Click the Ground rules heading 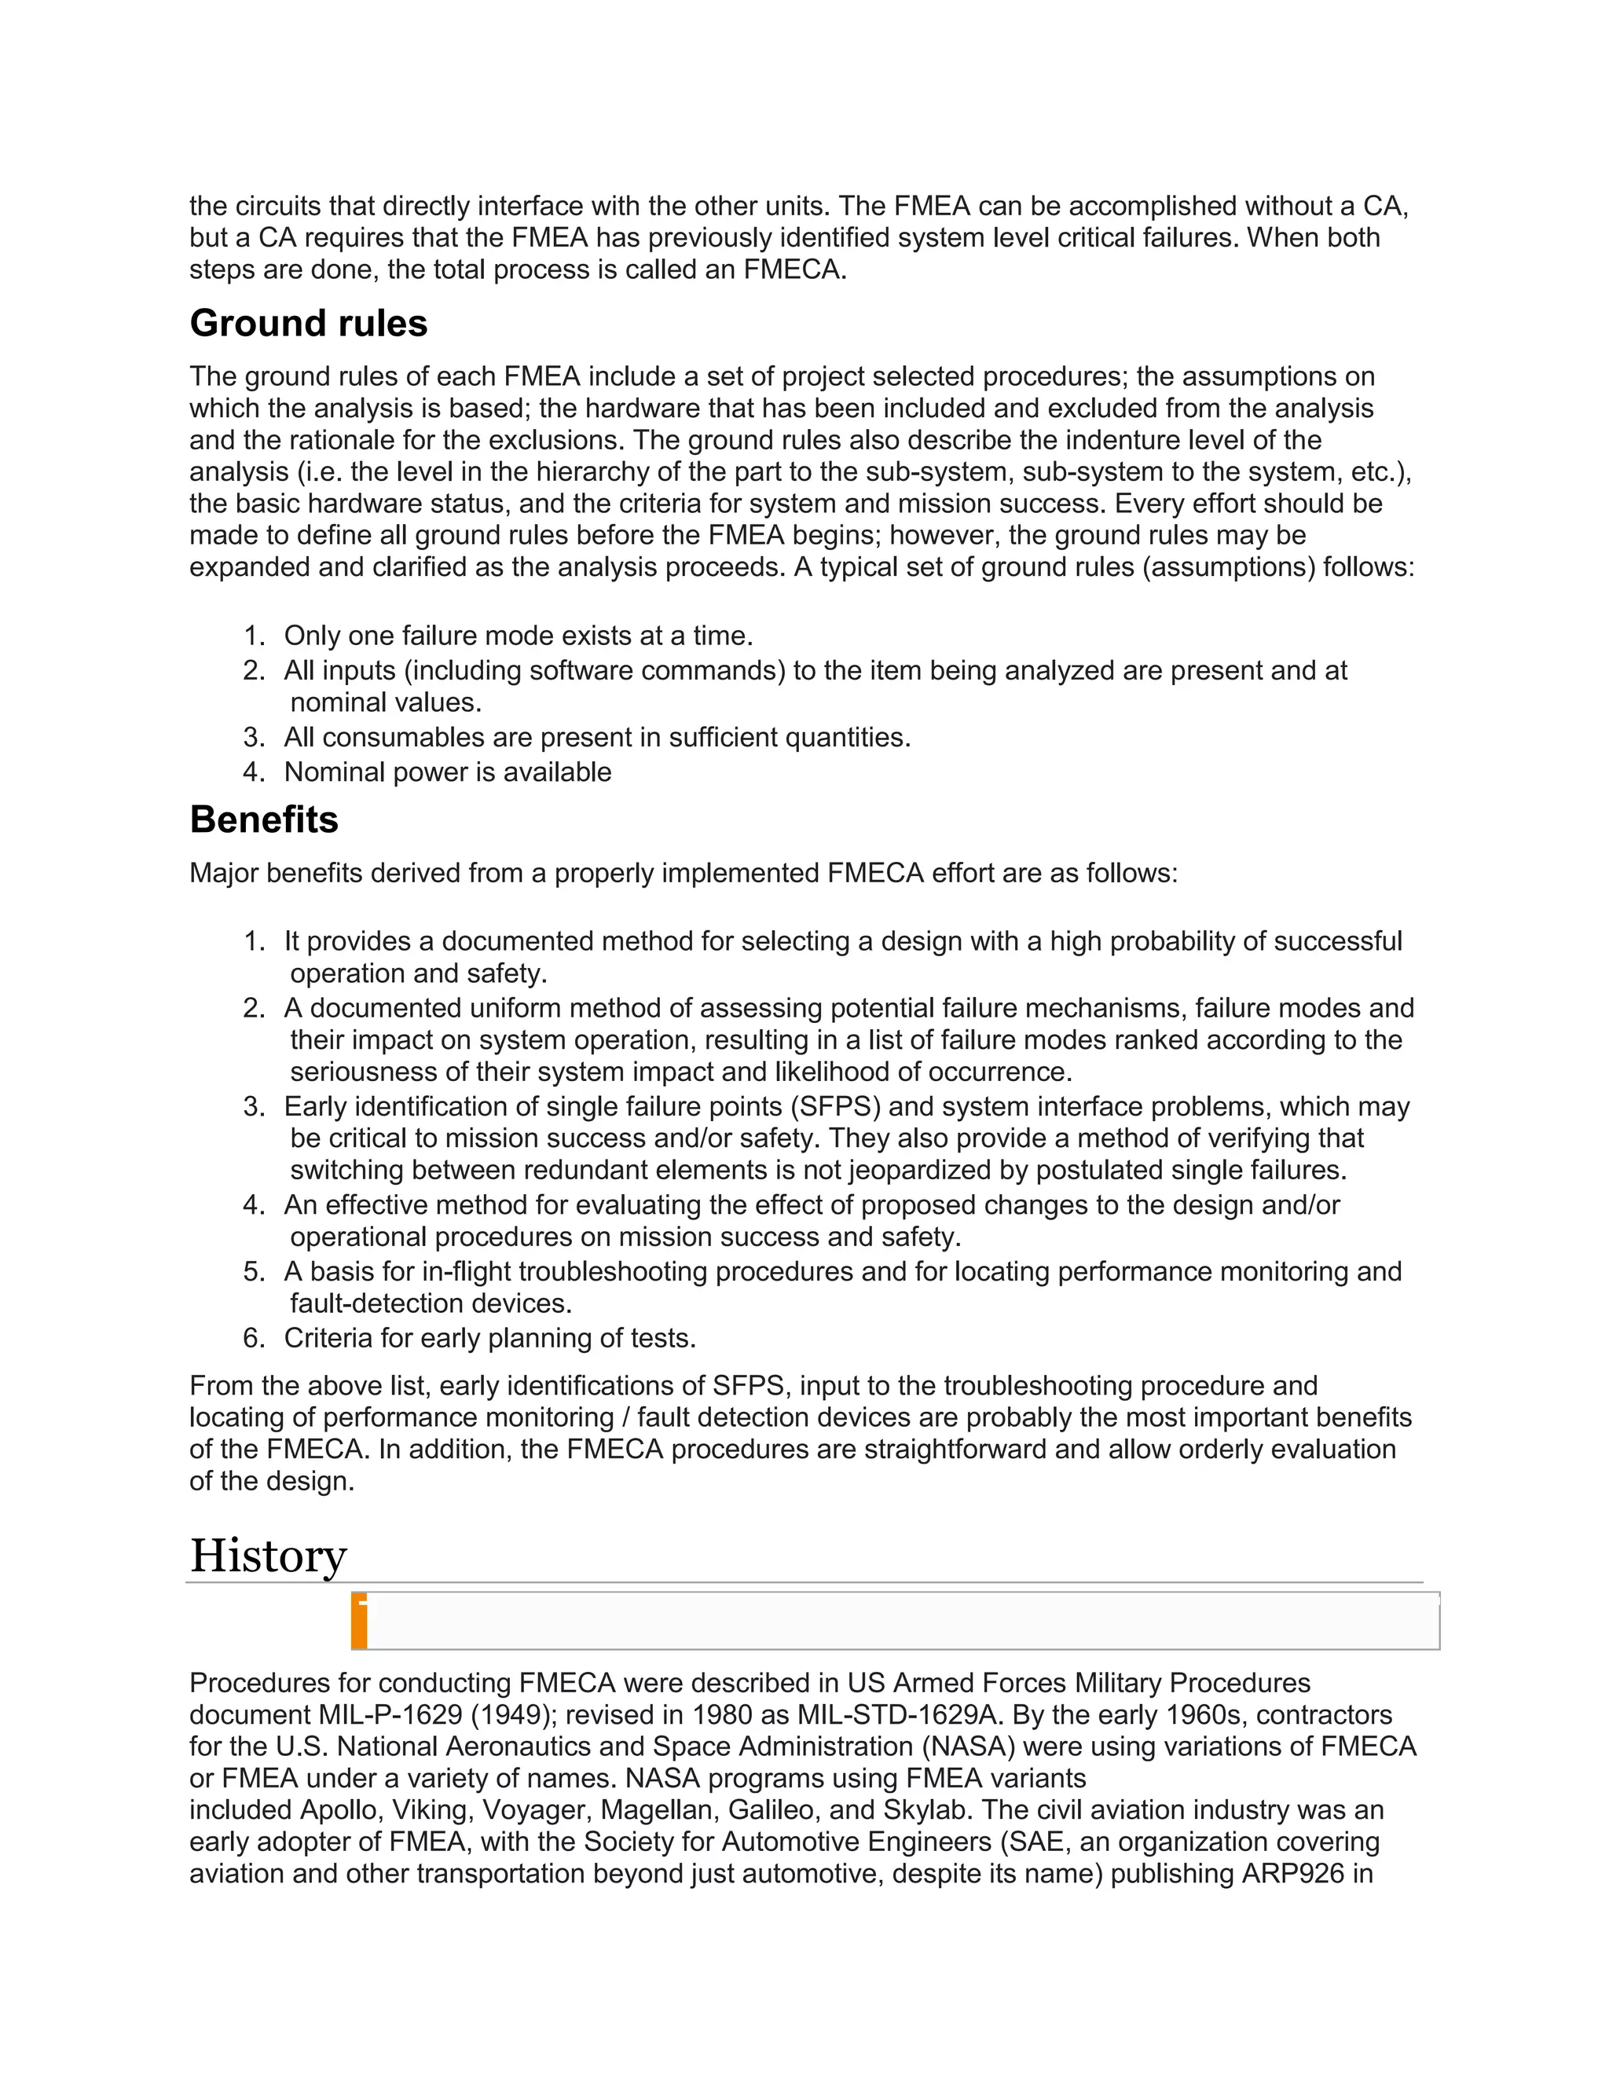(x=308, y=324)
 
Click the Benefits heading (x=264, y=819)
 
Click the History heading (x=268, y=1556)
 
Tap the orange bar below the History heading (x=359, y=1622)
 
